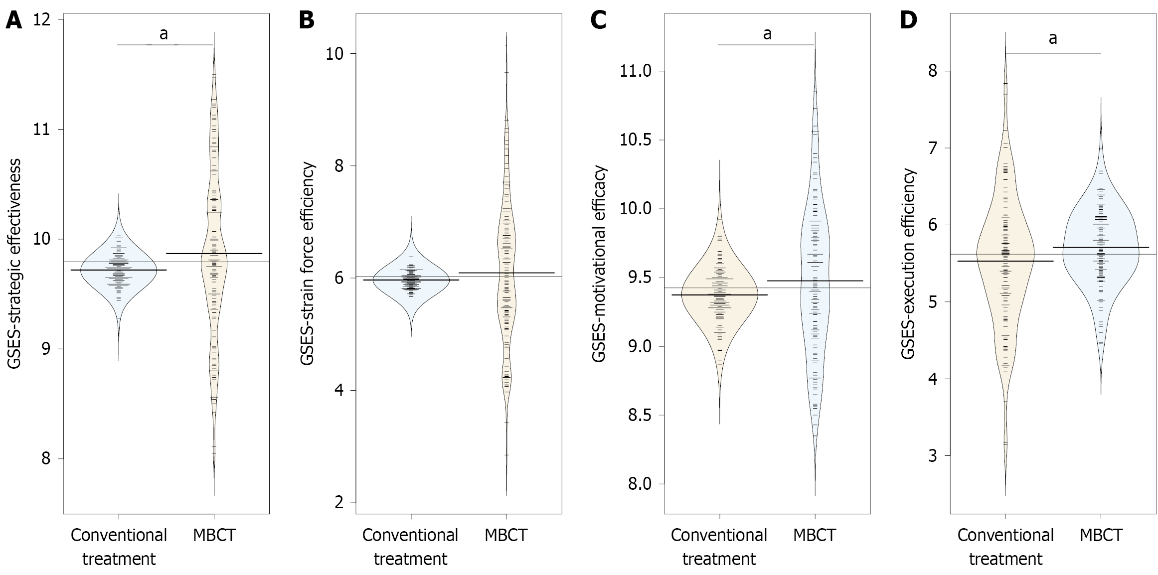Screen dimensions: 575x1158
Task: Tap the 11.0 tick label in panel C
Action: [x=636, y=71]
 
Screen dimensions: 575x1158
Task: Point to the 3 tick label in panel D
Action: [x=932, y=456]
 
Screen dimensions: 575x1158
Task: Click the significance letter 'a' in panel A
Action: [x=163, y=34]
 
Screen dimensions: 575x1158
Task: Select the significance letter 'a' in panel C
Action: [x=767, y=34]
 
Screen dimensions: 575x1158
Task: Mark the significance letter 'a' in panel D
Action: [x=1053, y=38]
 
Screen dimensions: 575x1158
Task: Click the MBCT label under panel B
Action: [x=506, y=536]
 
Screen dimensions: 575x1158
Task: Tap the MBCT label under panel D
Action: [x=1101, y=536]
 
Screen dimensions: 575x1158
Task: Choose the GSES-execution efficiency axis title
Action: [x=908, y=264]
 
